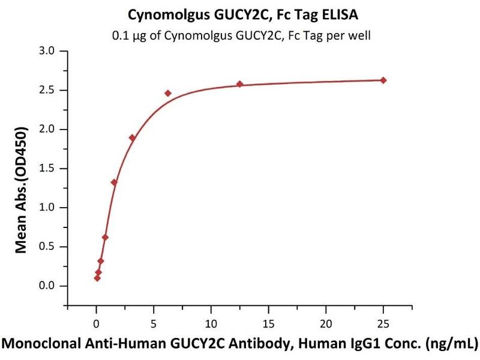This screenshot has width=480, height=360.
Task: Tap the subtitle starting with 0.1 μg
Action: pyautogui.click(x=240, y=35)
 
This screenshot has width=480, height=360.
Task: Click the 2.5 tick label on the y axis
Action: pyautogui.click(x=47, y=90)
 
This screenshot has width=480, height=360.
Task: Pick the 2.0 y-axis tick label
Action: pyautogui.click(x=47, y=129)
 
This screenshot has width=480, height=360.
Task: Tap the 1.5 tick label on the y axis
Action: pyautogui.click(x=47, y=169)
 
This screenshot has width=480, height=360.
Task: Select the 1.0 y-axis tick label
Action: pyautogui.click(x=47, y=208)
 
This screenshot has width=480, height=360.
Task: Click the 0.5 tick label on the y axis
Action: pyautogui.click(x=47, y=247)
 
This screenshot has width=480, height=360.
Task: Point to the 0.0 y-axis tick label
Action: pyautogui.click(x=47, y=286)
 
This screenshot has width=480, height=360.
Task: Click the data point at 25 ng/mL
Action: pyautogui.click(x=383, y=80)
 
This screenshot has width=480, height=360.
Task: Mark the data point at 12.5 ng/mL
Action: pyautogui.click(x=239, y=84)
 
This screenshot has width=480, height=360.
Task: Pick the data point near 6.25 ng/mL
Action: pyautogui.click(x=168, y=93)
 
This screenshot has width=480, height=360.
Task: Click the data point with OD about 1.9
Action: pyautogui.click(x=132, y=137)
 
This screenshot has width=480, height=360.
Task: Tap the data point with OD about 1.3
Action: pyautogui.click(x=114, y=182)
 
